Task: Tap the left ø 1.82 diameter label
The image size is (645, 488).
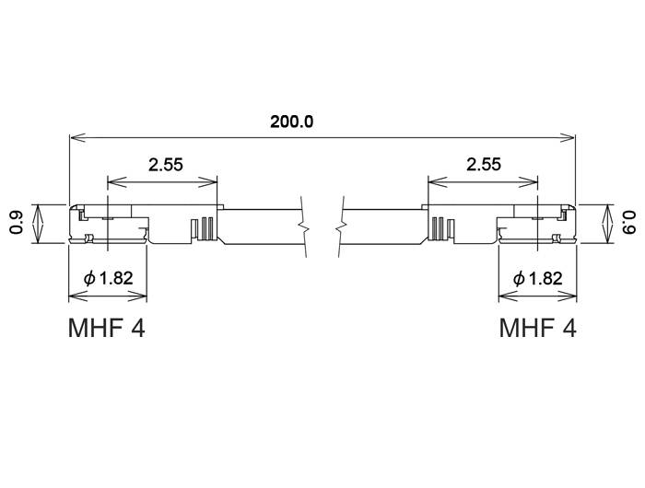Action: pyautogui.click(x=109, y=278)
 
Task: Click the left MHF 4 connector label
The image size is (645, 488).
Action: pyautogui.click(x=107, y=328)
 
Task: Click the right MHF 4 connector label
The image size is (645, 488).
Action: pyautogui.click(x=538, y=328)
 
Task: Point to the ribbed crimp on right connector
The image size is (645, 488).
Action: pyautogui.click(x=440, y=227)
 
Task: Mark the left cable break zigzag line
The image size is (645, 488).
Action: pyautogui.click(x=300, y=222)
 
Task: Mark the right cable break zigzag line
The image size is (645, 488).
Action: pyautogui.click(x=343, y=222)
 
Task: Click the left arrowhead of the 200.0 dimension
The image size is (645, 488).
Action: pyautogui.click(x=76, y=138)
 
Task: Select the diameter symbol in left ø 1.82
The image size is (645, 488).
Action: pyautogui.click(x=88, y=278)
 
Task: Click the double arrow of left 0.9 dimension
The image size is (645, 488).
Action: pyautogui.click(x=38, y=224)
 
